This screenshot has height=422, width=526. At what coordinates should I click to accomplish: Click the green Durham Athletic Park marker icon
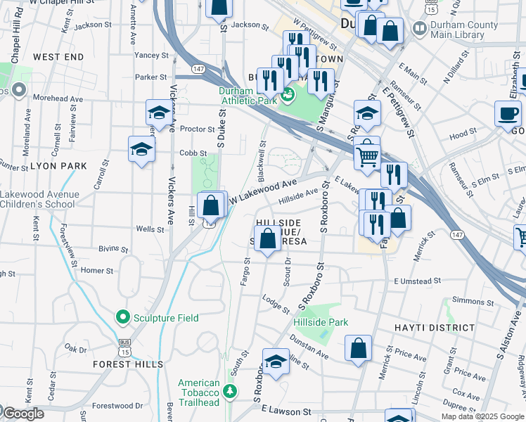[x=288, y=95]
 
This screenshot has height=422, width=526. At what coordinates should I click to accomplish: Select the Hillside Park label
[x=321, y=322]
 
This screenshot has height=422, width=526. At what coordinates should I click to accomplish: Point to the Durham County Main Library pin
[x=420, y=29]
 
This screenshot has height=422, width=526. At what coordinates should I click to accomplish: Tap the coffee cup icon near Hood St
[x=508, y=113]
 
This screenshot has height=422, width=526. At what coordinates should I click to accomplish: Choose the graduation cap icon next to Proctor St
[x=160, y=113]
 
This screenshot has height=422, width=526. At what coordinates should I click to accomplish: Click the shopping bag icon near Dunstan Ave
[x=359, y=347]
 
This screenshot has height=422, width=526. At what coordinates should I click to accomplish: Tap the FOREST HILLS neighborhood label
[x=128, y=364]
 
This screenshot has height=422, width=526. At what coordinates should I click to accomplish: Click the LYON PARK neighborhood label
[x=58, y=166]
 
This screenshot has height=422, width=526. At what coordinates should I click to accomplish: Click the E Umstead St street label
[x=418, y=281]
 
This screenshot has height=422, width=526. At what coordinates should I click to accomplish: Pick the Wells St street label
[x=150, y=229]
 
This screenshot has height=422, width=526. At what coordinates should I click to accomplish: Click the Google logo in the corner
[x=23, y=414]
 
